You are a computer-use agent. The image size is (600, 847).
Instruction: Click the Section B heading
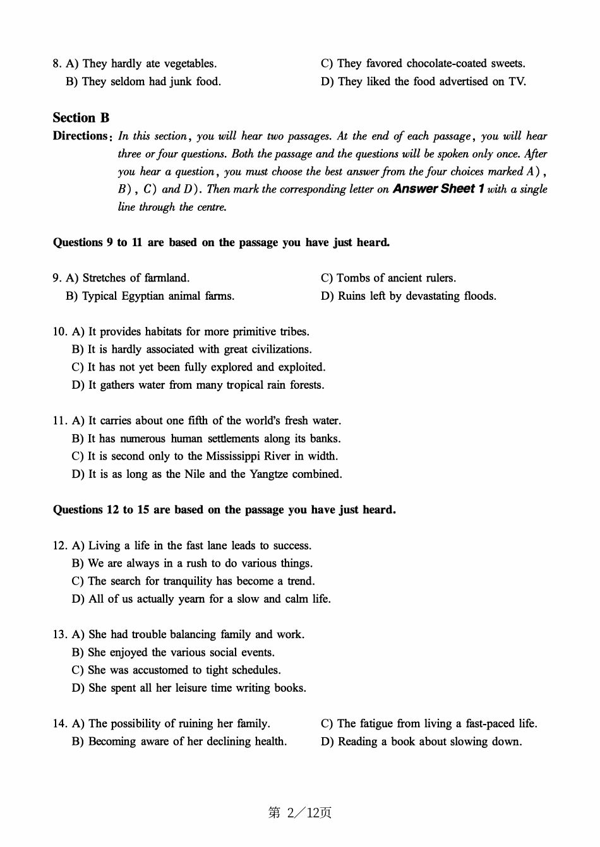click(81, 118)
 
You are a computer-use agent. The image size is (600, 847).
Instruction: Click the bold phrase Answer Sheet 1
click(438, 189)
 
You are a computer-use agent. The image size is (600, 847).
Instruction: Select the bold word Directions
click(80, 136)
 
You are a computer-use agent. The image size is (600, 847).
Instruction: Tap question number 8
click(57, 64)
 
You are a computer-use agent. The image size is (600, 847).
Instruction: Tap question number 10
click(59, 332)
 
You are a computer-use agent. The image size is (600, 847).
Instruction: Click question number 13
click(59, 635)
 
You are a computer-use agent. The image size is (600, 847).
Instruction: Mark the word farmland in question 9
click(167, 278)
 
